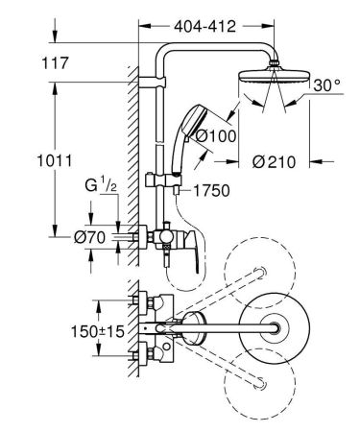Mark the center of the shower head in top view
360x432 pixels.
click(x=278, y=329)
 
